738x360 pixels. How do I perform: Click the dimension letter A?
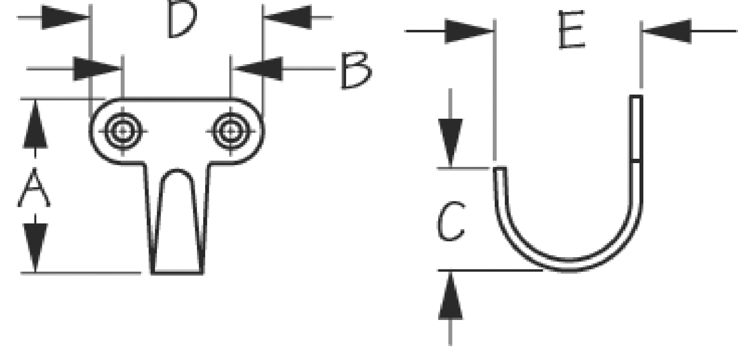pyautogui.click(x=34, y=187)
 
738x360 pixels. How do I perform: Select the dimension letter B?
pyautogui.click(x=356, y=70)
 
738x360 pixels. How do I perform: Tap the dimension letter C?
pyautogui.click(x=451, y=221)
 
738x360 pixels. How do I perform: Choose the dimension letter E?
pyautogui.click(x=571, y=30)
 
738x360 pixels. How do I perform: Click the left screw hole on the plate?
pyautogui.click(x=122, y=131)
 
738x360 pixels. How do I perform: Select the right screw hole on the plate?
pyautogui.click(x=230, y=131)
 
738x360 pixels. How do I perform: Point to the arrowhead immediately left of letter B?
pyautogui.click(x=258, y=68)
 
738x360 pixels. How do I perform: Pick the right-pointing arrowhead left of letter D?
pyautogui.click(x=65, y=17)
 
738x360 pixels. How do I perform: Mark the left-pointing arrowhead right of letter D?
pyautogui.click(x=287, y=17)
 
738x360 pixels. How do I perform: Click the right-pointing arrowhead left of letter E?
pyautogui.click(x=469, y=31)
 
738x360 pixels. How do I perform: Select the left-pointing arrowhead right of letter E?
pyautogui.click(x=667, y=31)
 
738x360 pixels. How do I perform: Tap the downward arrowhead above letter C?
pyautogui.click(x=451, y=143)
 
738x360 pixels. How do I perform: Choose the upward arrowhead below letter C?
pyautogui.click(x=451, y=295)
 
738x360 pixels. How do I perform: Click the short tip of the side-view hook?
pyautogui.click(x=500, y=169)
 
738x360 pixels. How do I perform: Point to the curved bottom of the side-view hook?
pyautogui.click(x=569, y=265)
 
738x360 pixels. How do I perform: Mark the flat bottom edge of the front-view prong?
pyautogui.click(x=177, y=273)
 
